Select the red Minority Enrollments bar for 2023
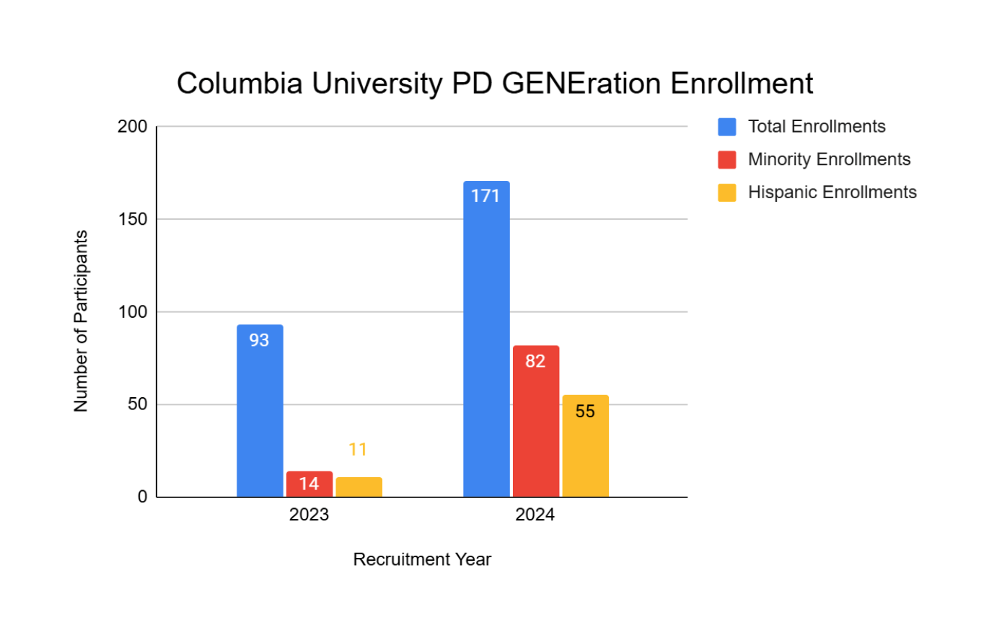309,484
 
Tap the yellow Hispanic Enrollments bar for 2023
359,487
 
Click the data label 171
486,195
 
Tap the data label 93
260,340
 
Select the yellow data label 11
359,450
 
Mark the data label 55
585,412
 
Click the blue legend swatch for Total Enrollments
726,127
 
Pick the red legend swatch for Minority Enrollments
726,159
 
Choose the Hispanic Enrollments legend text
832,192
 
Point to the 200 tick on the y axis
132,127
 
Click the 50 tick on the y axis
137,404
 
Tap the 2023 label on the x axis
309,516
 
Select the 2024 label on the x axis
535,516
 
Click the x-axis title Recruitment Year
422,559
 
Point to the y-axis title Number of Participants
81,321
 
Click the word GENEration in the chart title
581,84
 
